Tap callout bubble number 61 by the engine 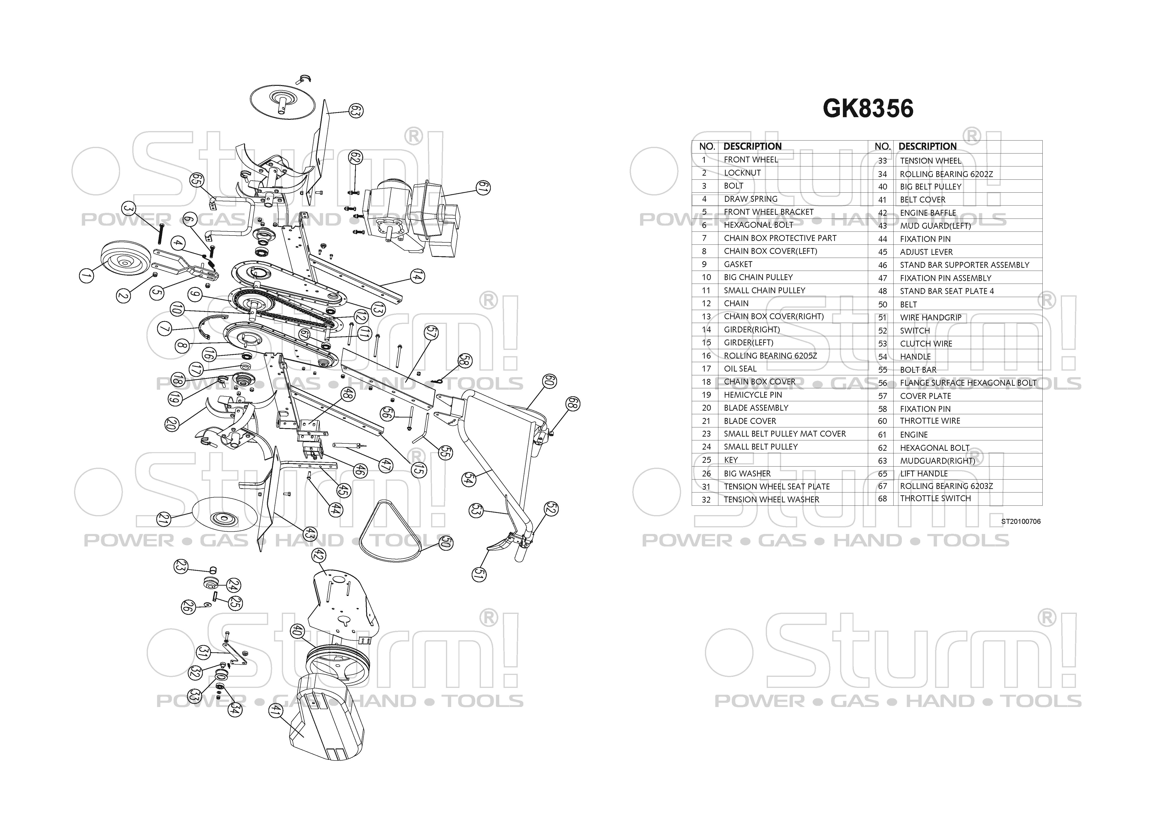pyautogui.click(x=483, y=188)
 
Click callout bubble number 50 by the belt pyautogui.click(x=445, y=543)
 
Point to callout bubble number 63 pyautogui.click(x=356, y=111)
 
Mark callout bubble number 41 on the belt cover pyautogui.click(x=275, y=710)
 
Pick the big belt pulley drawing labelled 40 pyautogui.click(x=336, y=667)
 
